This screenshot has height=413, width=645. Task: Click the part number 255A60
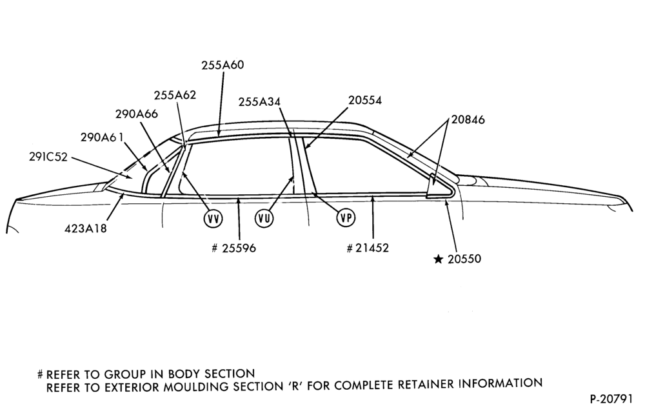tap(223, 65)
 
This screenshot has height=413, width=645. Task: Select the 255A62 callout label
tap(175, 95)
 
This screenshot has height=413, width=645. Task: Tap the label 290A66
tap(137, 114)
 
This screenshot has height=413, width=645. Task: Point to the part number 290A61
tap(102, 137)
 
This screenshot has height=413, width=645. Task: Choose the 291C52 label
tap(48, 157)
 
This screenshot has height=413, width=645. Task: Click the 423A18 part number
tap(86, 228)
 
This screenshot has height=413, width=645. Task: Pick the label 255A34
tap(259, 101)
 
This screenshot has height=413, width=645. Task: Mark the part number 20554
tap(365, 101)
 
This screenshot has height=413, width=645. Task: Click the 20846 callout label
tap(468, 119)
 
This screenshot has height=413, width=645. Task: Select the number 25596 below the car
tap(239, 248)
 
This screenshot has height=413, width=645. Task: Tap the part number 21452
tap(372, 248)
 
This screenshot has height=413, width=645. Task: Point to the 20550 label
tap(464, 259)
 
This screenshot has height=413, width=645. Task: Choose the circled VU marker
tap(264, 218)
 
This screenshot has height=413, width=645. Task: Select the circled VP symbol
tap(346, 217)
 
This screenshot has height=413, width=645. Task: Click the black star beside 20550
tap(439, 259)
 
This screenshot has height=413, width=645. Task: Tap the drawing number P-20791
tap(611, 399)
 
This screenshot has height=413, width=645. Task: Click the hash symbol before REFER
tap(40, 375)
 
